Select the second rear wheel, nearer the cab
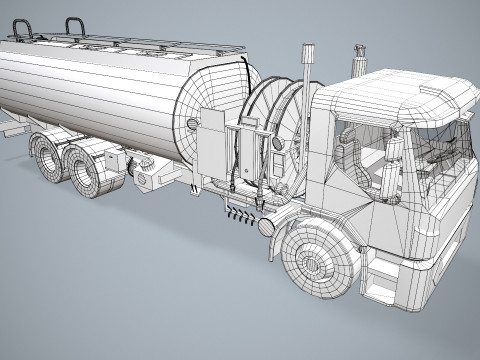pyautogui.click(x=90, y=170)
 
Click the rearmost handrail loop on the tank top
pyautogui.click(x=18, y=29)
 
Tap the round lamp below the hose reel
pyautogui.click(x=266, y=227)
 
